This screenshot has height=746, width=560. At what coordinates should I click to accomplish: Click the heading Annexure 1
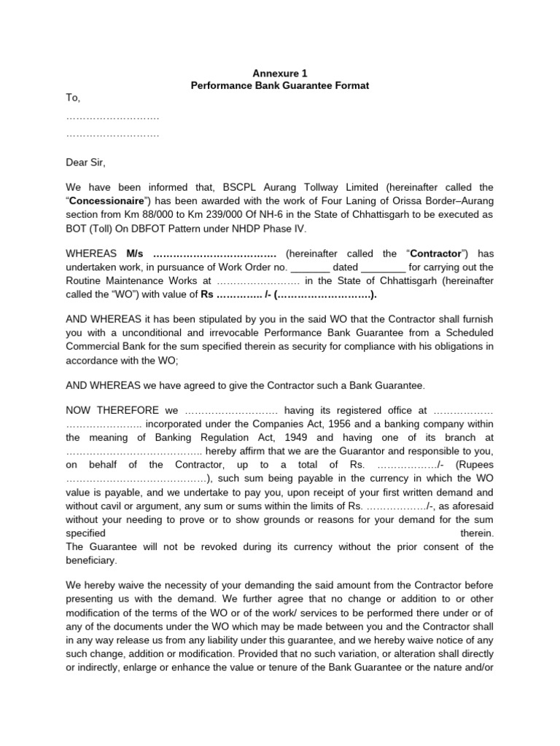tap(280, 73)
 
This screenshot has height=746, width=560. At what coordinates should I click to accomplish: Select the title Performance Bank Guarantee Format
tap(280, 85)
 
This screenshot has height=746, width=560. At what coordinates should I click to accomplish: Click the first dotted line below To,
tap(112, 117)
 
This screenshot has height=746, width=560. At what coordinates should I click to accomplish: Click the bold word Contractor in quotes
tap(435, 254)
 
